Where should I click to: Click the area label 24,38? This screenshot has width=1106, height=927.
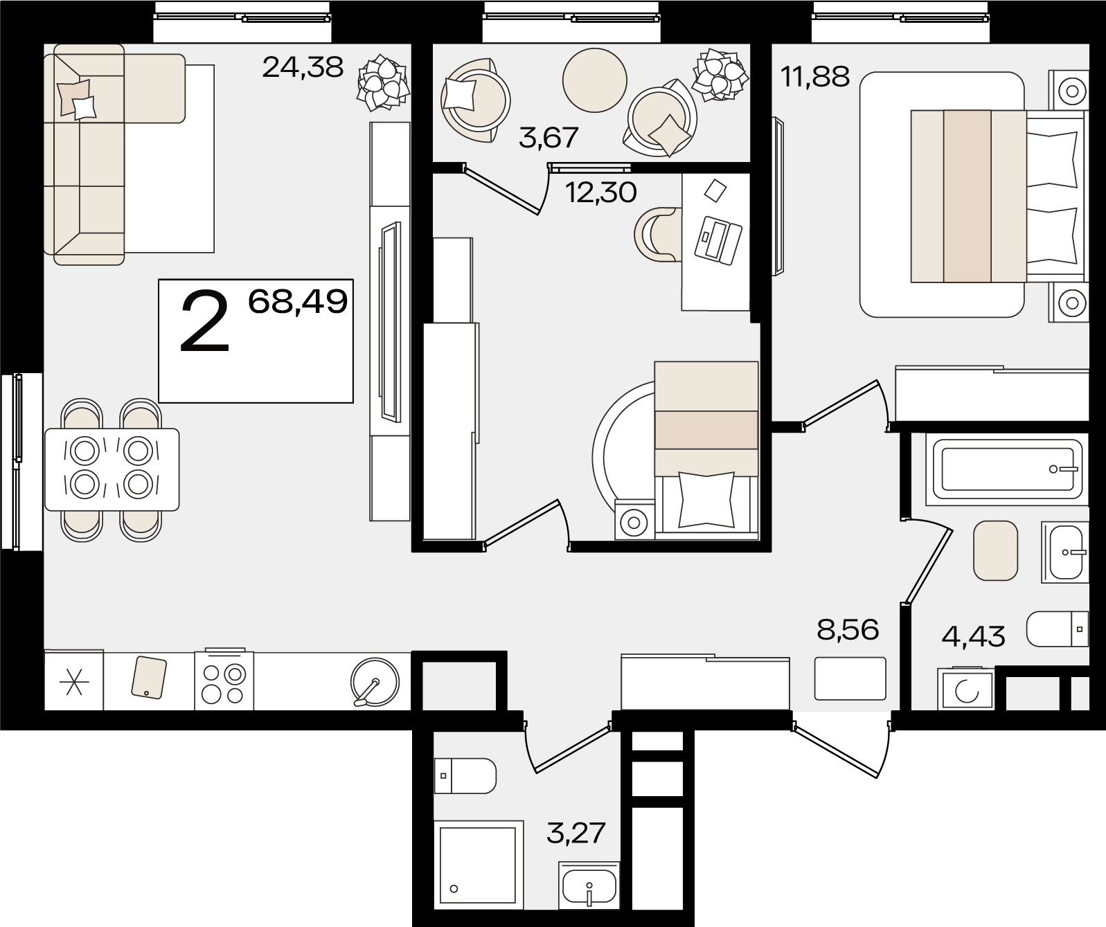[303, 68]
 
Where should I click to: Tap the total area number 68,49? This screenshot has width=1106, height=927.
[298, 302]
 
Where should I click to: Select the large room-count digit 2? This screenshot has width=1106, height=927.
[205, 323]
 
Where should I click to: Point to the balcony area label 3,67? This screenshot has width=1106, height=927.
[548, 138]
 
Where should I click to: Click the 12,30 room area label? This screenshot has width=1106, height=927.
[601, 192]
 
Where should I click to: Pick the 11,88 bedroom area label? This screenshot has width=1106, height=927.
[815, 76]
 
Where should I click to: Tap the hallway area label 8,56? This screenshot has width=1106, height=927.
[848, 630]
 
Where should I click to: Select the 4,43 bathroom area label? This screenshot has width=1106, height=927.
[973, 636]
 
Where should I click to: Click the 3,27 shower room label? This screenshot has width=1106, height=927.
[576, 834]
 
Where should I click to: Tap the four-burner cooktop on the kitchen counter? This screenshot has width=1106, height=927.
[224, 680]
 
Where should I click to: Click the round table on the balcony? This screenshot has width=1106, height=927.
[594, 80]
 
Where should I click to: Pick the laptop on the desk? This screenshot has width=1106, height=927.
[718, 240]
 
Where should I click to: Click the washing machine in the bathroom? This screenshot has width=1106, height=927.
[966, 687]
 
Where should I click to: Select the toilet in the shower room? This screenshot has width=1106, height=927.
[465, 775]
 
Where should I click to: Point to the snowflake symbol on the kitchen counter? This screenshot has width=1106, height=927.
[74, 682]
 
